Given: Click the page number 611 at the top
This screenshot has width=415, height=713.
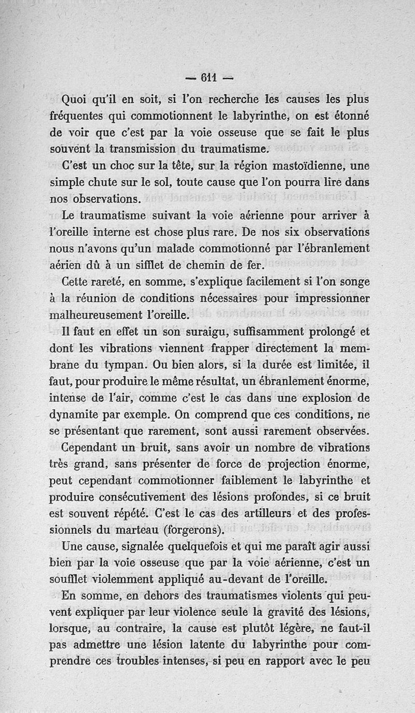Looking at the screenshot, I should point(207,79).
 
